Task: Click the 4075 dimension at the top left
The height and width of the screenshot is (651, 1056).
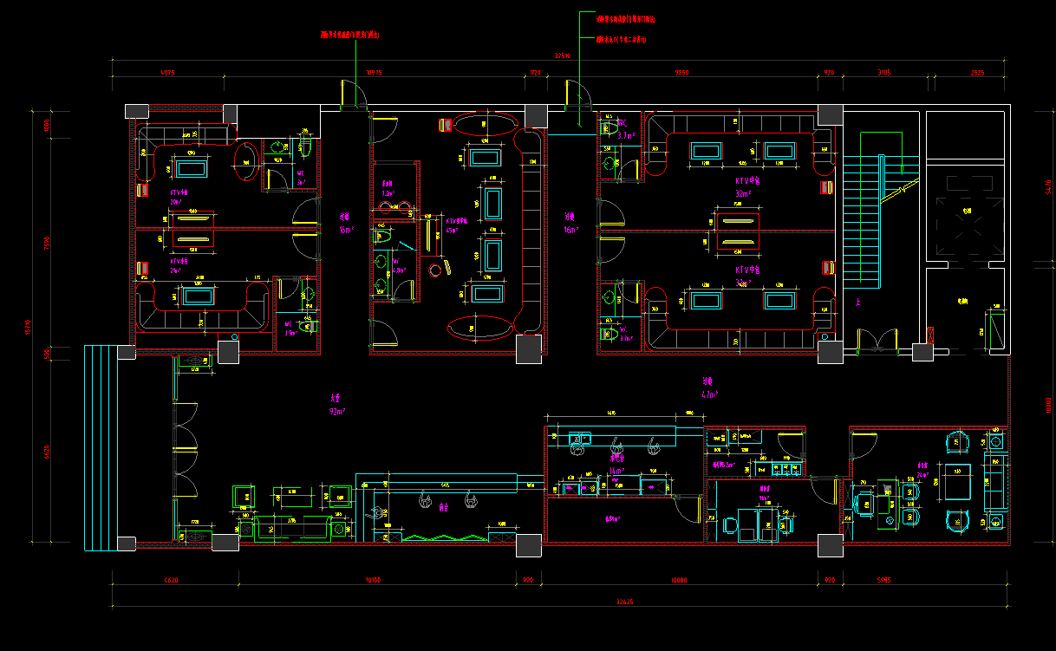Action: coord(167,74)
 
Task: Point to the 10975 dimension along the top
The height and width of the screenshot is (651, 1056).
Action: coord(375,74)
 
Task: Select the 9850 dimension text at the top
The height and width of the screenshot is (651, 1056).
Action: coord(681,74)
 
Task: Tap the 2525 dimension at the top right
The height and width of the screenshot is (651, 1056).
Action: coord(976,74)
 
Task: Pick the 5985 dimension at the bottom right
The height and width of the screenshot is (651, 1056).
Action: coord(884,579)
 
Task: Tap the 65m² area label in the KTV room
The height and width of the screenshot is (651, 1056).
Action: coord(453,231)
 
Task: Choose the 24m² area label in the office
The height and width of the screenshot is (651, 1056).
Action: coord(922,475)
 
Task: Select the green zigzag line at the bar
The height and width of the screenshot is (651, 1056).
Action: coord(442,537)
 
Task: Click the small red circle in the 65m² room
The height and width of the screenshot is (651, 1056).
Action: coord(435,271)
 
